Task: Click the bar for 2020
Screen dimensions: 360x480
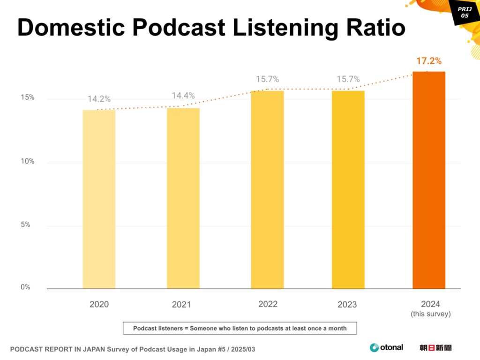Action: tap(99, 199)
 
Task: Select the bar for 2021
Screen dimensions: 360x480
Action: tap(183, 198)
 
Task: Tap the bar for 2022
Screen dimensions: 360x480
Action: tap(267, 189)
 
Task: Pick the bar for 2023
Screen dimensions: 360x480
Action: tap(348, 189)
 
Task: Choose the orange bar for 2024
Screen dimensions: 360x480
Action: tap(428, 180)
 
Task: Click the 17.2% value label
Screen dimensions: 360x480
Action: tap(428, 61)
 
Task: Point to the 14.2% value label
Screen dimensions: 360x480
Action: tap(99, 99)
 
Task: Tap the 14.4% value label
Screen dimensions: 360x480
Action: tap(183, 96)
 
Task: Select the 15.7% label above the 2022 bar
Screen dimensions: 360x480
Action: tap(267, 79)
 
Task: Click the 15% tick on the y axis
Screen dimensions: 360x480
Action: tap(27, 97)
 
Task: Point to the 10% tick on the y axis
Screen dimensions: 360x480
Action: tap(27, 161)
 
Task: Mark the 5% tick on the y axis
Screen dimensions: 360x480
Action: tap(25, 225)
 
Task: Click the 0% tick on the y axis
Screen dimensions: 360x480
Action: tap(25, 287)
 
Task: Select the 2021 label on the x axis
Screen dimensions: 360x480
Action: tap(181, 305)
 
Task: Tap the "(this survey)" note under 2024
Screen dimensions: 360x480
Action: tap(430, 314)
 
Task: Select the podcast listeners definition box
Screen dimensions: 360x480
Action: tap(240, 328)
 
